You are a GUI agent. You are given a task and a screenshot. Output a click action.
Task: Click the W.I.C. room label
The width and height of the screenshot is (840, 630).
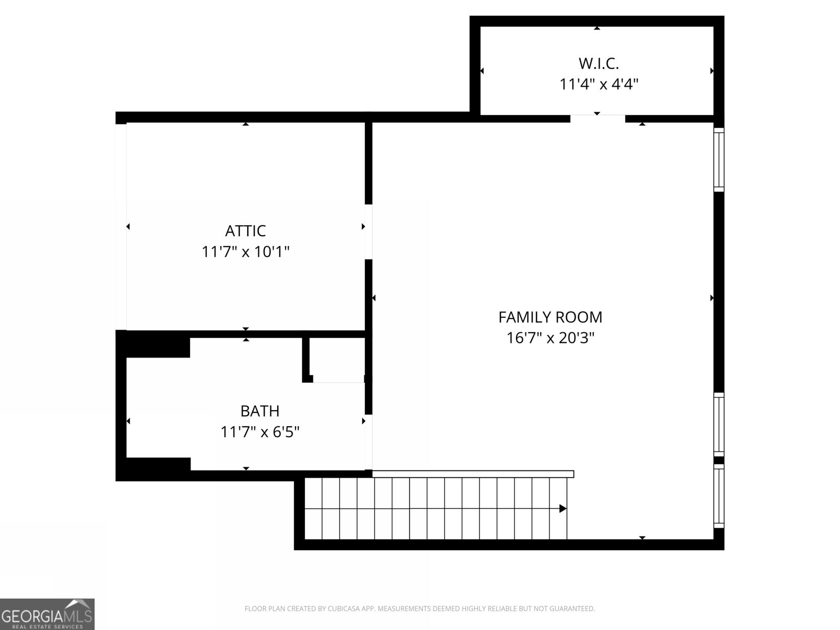(598, 64)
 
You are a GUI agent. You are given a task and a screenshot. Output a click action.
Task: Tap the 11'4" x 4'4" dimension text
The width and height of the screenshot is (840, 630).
(598, 84)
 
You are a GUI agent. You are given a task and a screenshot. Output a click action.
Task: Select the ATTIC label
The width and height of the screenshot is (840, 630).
(245, 230)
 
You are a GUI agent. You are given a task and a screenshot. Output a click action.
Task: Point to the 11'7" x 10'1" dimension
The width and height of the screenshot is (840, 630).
(245, 252)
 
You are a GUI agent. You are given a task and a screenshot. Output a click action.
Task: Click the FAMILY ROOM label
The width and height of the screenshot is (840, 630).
(550, 317)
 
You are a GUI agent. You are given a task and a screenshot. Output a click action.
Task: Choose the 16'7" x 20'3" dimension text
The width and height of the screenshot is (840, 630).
(550, 338)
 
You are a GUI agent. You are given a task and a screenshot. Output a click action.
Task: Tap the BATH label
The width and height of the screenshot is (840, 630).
(259, 411)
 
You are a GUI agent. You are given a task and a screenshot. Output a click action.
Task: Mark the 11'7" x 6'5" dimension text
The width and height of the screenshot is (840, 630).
(259, 432)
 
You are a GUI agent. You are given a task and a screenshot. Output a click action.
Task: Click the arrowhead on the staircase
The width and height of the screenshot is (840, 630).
(562, 508)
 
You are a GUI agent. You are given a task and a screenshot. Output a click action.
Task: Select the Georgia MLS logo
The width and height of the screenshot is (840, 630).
(47, 614)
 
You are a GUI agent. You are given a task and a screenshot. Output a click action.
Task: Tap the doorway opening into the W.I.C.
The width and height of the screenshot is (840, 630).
(597, 119)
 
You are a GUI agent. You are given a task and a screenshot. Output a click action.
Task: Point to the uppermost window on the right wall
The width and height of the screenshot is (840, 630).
(719, 159)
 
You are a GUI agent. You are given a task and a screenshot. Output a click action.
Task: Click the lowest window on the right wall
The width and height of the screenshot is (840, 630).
(719, 495)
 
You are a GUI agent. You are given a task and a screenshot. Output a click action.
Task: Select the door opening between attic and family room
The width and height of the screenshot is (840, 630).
(369, 232)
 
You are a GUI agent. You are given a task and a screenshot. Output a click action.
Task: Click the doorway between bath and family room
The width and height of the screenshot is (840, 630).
(369, 442)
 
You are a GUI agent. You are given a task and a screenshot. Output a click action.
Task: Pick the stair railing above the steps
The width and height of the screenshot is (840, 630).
(472, 474)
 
